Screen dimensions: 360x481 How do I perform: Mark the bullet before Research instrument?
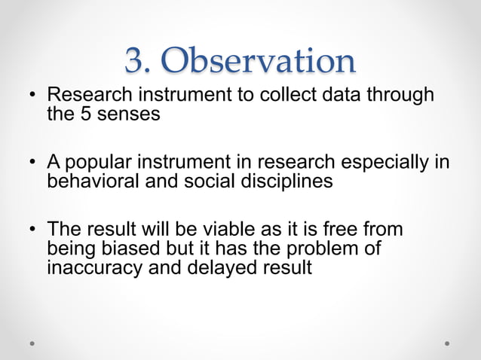pyautogui.click(x=33, y=96)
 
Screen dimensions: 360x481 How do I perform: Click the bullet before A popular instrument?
pyautogui.click(x=33, y=163)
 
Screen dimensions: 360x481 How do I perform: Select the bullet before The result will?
pyautogui.click(x=33, y=229)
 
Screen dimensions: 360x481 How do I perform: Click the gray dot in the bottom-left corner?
pyautogui.click(x=32, y=342)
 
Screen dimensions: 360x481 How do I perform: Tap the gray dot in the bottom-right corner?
pyautogui.click(x=447, y=342)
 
